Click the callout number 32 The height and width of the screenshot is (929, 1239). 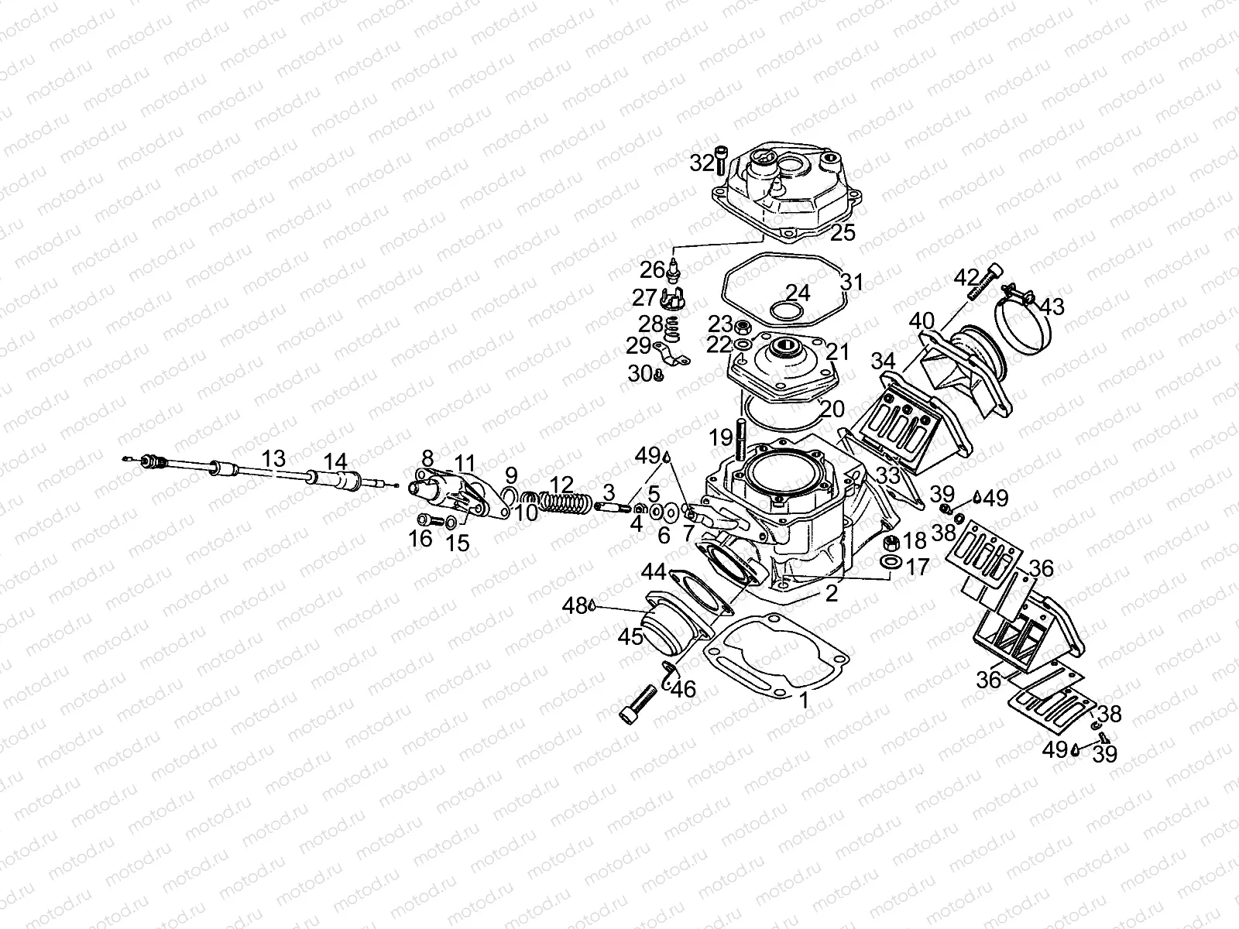[x=702, y=164]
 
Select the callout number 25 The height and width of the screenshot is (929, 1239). [x=843, y=232]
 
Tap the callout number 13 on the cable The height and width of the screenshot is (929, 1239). [x=273, y=458]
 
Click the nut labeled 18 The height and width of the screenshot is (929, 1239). [x=891, y=541]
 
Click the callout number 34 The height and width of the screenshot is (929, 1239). [x=883, y=361]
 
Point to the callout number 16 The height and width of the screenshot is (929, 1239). [x=421, y=539]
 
